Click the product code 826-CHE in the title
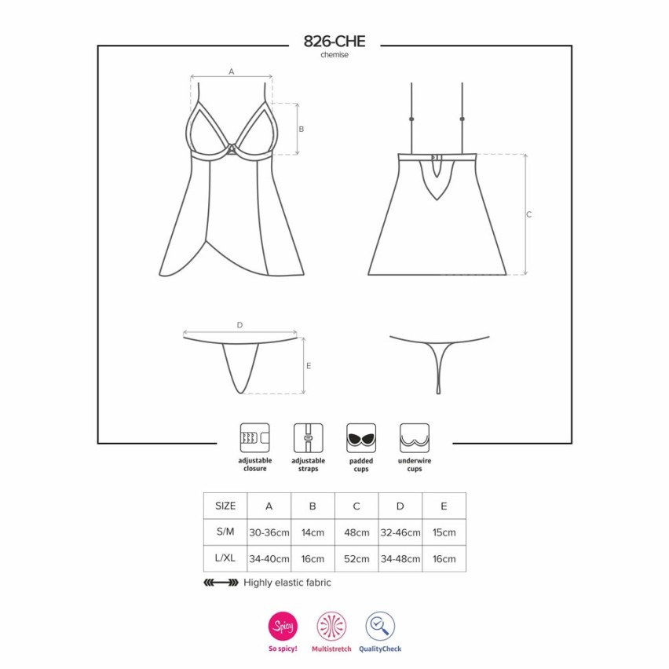334,41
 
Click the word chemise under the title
334,55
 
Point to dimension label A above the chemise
232,71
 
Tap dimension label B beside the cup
302,129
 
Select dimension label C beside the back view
529,214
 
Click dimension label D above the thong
239,325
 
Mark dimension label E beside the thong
309,366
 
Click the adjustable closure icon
254,437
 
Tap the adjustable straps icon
308,437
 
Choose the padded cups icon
361,437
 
